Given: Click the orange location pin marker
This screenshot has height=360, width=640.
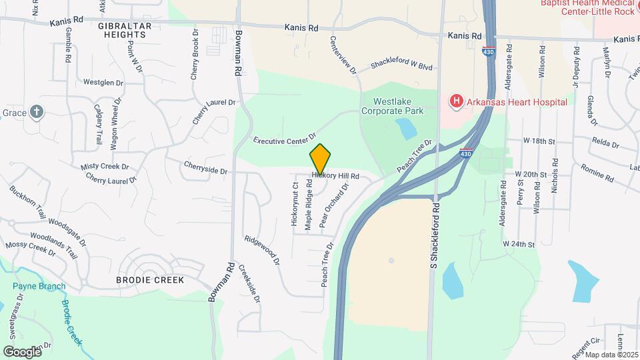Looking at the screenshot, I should point(320,159).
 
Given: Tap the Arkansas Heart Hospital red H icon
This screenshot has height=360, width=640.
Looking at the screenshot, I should point(456,102).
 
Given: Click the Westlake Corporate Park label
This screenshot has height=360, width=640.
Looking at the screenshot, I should point(397,107).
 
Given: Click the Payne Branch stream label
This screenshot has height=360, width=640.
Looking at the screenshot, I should point(39,287).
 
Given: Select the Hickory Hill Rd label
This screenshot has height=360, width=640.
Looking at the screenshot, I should point(335,177).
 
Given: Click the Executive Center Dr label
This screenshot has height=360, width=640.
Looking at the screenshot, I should point(285,141).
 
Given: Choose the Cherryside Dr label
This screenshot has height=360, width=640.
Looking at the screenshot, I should point(205,167).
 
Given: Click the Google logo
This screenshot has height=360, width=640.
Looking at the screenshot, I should point(21,351).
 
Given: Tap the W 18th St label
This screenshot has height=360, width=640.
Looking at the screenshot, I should point(539,141).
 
